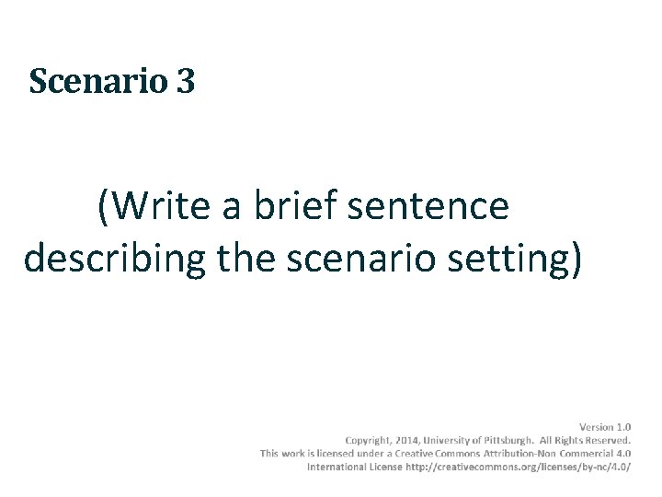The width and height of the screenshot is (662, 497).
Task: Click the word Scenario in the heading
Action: [x=98, y=82]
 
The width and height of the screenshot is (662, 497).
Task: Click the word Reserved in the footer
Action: [x=604, y=440]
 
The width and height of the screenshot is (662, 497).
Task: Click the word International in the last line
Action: [x=338, y=467]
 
